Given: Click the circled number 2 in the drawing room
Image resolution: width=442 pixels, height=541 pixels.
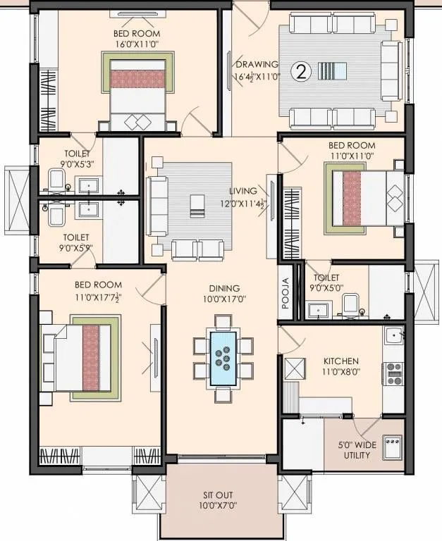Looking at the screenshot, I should coord(302,72).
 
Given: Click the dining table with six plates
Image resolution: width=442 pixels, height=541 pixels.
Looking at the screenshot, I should coord(224,358).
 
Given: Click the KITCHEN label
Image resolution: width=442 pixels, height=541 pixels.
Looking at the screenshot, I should coord(342,360).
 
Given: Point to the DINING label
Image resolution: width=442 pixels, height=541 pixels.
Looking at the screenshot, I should coord(224,288).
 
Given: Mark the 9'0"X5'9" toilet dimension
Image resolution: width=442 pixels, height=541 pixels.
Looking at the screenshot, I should coord(79,248).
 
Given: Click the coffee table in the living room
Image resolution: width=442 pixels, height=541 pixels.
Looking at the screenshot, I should coord(195,205).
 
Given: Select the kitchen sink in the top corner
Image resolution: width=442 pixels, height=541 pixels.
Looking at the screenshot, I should coord(393,335).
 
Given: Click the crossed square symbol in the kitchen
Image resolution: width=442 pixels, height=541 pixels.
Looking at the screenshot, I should coord(293,367).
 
